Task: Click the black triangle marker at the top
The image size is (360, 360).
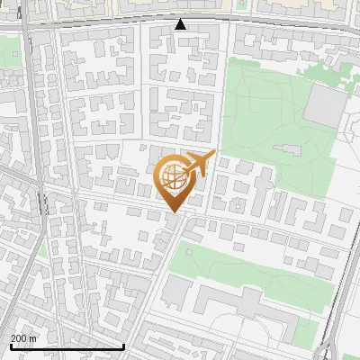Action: (x=181, y=24)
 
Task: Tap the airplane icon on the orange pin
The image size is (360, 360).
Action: (x=199, y=163)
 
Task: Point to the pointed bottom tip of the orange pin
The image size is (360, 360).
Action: (x=173, y=212)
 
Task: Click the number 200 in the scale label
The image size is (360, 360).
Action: (x=19, y=337)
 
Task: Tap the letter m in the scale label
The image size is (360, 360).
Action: (x=33, y=337)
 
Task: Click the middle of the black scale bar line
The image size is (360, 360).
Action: (x=67, y=346)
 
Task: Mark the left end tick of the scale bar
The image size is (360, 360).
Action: (x=11, y=346)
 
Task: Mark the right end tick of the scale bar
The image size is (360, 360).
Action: (x=123, y=346)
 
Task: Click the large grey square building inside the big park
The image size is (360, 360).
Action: (x=324, y=106)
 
